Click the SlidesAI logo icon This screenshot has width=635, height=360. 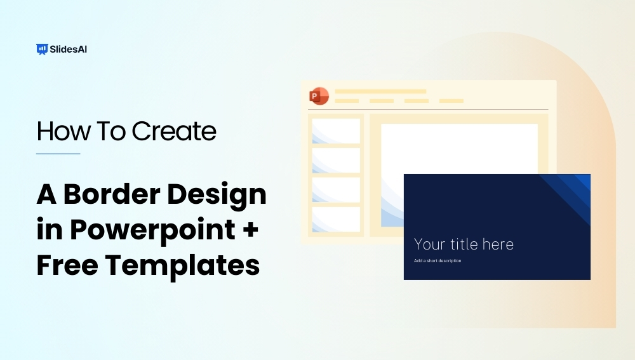(43, 49)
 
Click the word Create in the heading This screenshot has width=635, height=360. (174, 131)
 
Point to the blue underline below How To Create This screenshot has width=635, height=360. (58, 154)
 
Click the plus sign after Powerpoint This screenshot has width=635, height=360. (251, 230)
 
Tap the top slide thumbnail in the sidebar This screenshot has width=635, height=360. (336, 131)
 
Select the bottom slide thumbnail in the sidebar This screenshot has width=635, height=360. (336, 219)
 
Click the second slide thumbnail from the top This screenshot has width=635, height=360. (336, 160)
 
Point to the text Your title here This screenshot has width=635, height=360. (464, 244)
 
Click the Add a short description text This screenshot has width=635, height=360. (438, 261)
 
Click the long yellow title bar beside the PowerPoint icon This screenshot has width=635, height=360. (380, 91)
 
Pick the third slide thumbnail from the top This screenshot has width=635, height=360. (336, 190)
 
